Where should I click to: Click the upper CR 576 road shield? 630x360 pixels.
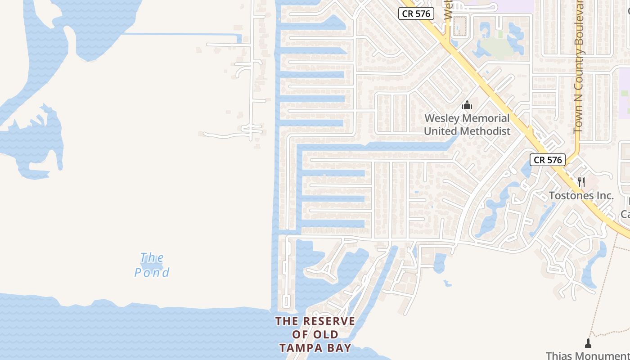416,13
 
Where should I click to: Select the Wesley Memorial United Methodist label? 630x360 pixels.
467,125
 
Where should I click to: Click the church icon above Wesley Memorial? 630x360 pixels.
467,105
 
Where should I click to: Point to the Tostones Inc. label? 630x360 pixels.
581,195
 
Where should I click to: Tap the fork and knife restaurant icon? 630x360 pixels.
581,182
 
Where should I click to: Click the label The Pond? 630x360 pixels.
152,265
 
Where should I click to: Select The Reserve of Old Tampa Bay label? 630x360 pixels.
315,334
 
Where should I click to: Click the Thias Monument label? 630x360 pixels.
587,355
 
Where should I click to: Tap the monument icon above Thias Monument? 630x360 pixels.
588,343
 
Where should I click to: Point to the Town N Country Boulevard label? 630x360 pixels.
579,67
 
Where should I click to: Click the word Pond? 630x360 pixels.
152,273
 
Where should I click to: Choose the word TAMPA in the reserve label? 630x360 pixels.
300,348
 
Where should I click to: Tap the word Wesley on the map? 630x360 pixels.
442,118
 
